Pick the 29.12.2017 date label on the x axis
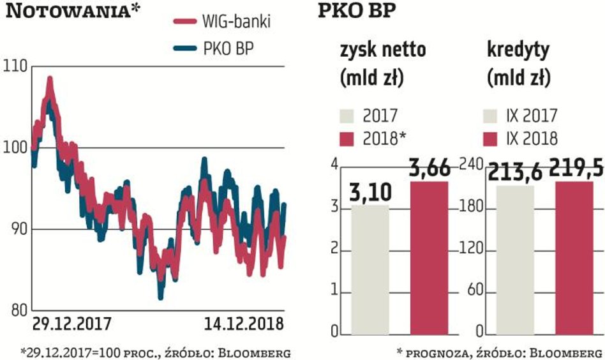(71, 324)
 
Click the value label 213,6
(512, 172)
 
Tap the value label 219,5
(575, 169)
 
